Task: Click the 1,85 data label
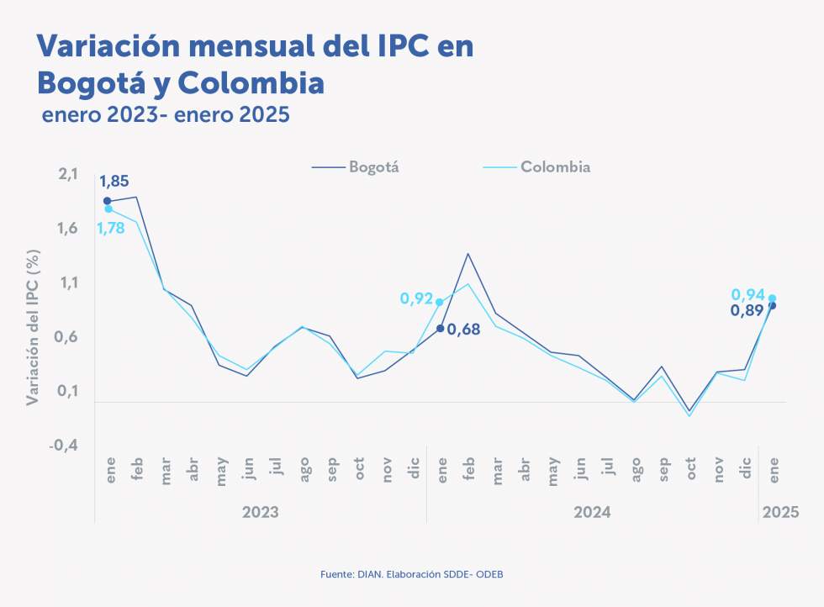114,181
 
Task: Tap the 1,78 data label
110,228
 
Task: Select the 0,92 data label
416,298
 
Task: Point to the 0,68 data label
463,330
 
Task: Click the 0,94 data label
747,294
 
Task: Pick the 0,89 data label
747,310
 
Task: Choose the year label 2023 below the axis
260,511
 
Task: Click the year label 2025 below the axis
779,511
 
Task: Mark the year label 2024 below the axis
592,511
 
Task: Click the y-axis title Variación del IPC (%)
33,327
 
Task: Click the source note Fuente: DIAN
411,573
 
